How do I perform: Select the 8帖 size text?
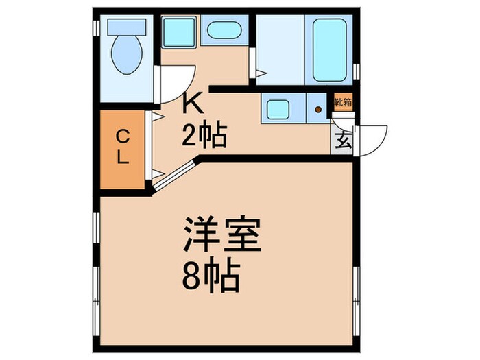(211, 278)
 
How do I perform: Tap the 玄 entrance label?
(342, 143)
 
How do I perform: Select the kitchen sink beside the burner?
(281, 110)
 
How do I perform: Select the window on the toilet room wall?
(95, 27)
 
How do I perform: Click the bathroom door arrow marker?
(261, 71)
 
